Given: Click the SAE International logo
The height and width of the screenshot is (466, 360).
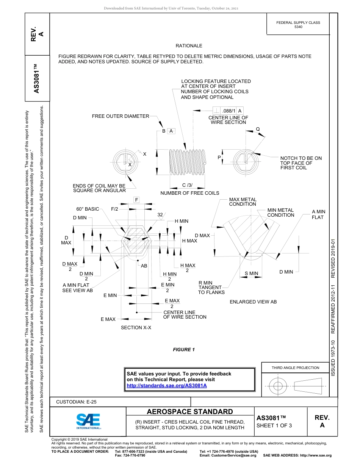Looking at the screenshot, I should click(88, 421).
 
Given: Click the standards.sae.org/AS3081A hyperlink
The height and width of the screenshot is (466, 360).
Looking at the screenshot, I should click(166, 385).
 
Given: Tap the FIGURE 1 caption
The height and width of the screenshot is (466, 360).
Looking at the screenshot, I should click(184, 350).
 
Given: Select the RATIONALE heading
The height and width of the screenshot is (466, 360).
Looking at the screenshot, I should click(189, 46).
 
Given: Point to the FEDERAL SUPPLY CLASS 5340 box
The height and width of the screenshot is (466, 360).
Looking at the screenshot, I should click(298, 25).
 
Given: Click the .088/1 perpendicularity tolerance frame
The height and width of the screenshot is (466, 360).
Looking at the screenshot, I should click(228, 111).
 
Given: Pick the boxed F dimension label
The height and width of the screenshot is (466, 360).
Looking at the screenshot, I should click(136, 200).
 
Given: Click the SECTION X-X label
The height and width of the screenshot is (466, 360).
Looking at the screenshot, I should click(136, 327).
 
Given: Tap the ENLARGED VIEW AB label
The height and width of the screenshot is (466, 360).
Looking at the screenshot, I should click(253, 302).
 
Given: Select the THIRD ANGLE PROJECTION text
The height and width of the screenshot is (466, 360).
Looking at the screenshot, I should click(295, 367).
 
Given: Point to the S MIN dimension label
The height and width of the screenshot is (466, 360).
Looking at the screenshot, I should click(251, 273).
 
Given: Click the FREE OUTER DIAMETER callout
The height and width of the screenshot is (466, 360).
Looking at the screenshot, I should click(120, 116).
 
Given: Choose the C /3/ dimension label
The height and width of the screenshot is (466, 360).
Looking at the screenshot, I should click(187, 185).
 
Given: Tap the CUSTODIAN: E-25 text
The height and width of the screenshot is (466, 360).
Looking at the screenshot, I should click(76, 402).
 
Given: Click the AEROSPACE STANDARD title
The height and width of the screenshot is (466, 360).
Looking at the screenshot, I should click(189, 412).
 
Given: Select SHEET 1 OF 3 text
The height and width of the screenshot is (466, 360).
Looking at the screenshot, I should click(274, 425).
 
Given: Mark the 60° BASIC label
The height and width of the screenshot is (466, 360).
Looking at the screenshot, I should click(87, 209).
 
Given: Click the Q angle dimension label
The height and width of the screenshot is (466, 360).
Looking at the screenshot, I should click(258, 129).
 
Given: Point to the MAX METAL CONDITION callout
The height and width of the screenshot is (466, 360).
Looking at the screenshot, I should click(243, 202).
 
